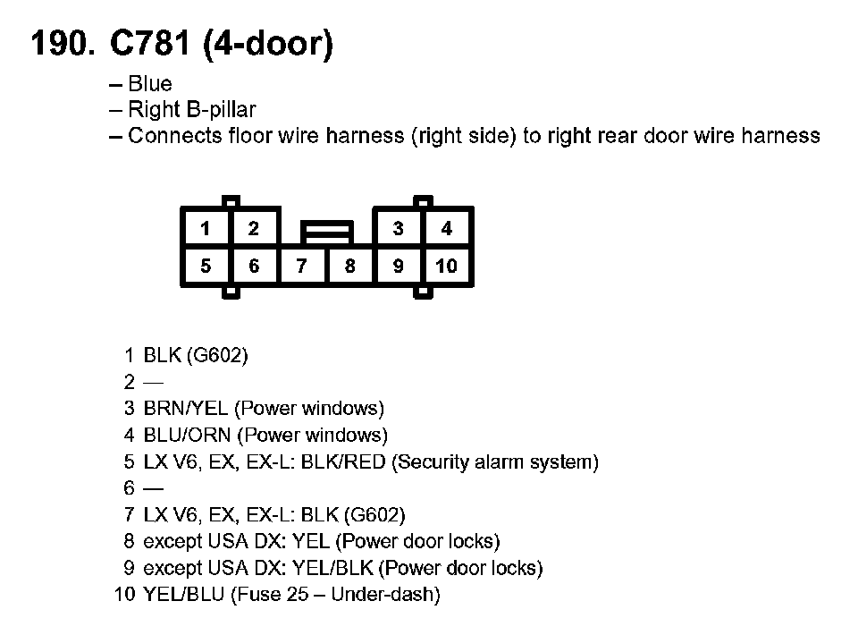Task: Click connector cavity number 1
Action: [x=206, y=229]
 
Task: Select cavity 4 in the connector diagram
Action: [x=447, y=229]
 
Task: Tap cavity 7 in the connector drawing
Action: [x=302, y=266]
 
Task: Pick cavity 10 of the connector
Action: [x=446, y=266]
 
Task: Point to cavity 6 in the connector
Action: [x=254, y=266]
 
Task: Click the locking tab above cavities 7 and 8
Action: [x=326, y=232]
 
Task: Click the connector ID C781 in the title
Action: [x=149, y=44]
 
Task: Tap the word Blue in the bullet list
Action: [x=150, y=85]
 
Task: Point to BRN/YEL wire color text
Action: [x=186, y=409]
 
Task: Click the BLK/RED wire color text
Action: [x=346, y=462]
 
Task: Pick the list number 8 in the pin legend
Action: [x=130, y=541]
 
